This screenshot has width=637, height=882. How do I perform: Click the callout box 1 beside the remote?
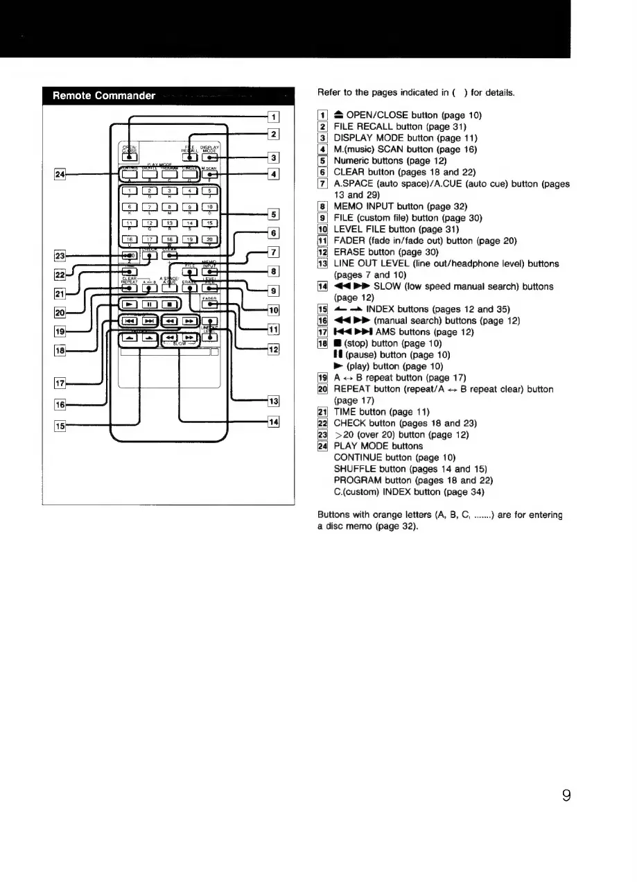(274, 117)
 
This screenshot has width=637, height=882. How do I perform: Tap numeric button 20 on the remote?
(209, 240)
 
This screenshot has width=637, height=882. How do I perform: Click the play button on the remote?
(128, 304)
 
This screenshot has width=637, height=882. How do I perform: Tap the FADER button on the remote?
(210, 304)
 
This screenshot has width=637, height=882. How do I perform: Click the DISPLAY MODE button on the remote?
(209, 159)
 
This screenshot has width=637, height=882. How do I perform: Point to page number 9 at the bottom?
(566, 795)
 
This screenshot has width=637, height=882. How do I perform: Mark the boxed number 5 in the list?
(322, 161)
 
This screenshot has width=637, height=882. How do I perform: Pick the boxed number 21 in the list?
(322, 412)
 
